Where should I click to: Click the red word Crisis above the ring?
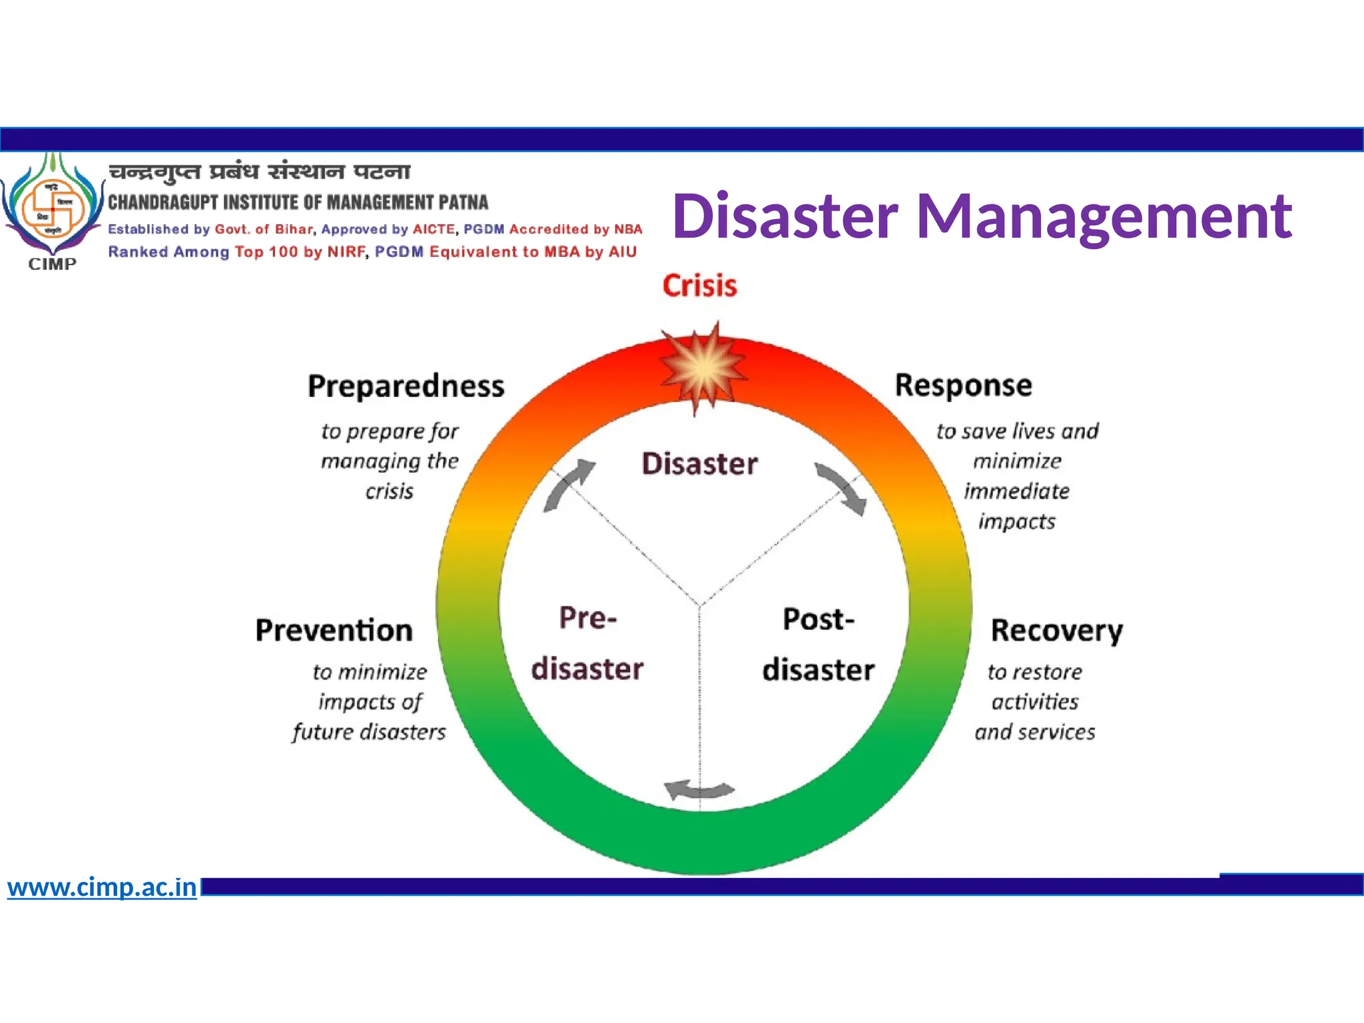pos(699,286)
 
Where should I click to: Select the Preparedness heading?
pos(406,386)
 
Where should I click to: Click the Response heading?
pos(963,385)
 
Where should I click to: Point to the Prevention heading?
pos(334,630)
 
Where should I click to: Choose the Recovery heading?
pos(1056,631)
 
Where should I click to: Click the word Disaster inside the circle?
pos(699,464)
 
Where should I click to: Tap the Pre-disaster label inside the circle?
pos(587,643)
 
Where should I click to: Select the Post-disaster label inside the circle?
pos(818,645)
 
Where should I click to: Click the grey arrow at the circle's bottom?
pos(699,790)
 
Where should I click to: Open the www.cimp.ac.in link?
pos(102,887)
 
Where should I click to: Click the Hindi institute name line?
pos(260,172)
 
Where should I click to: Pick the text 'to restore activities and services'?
pos(1035,702)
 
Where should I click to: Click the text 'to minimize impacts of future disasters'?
pos(370,702)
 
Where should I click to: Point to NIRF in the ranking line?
pos(346,252)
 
